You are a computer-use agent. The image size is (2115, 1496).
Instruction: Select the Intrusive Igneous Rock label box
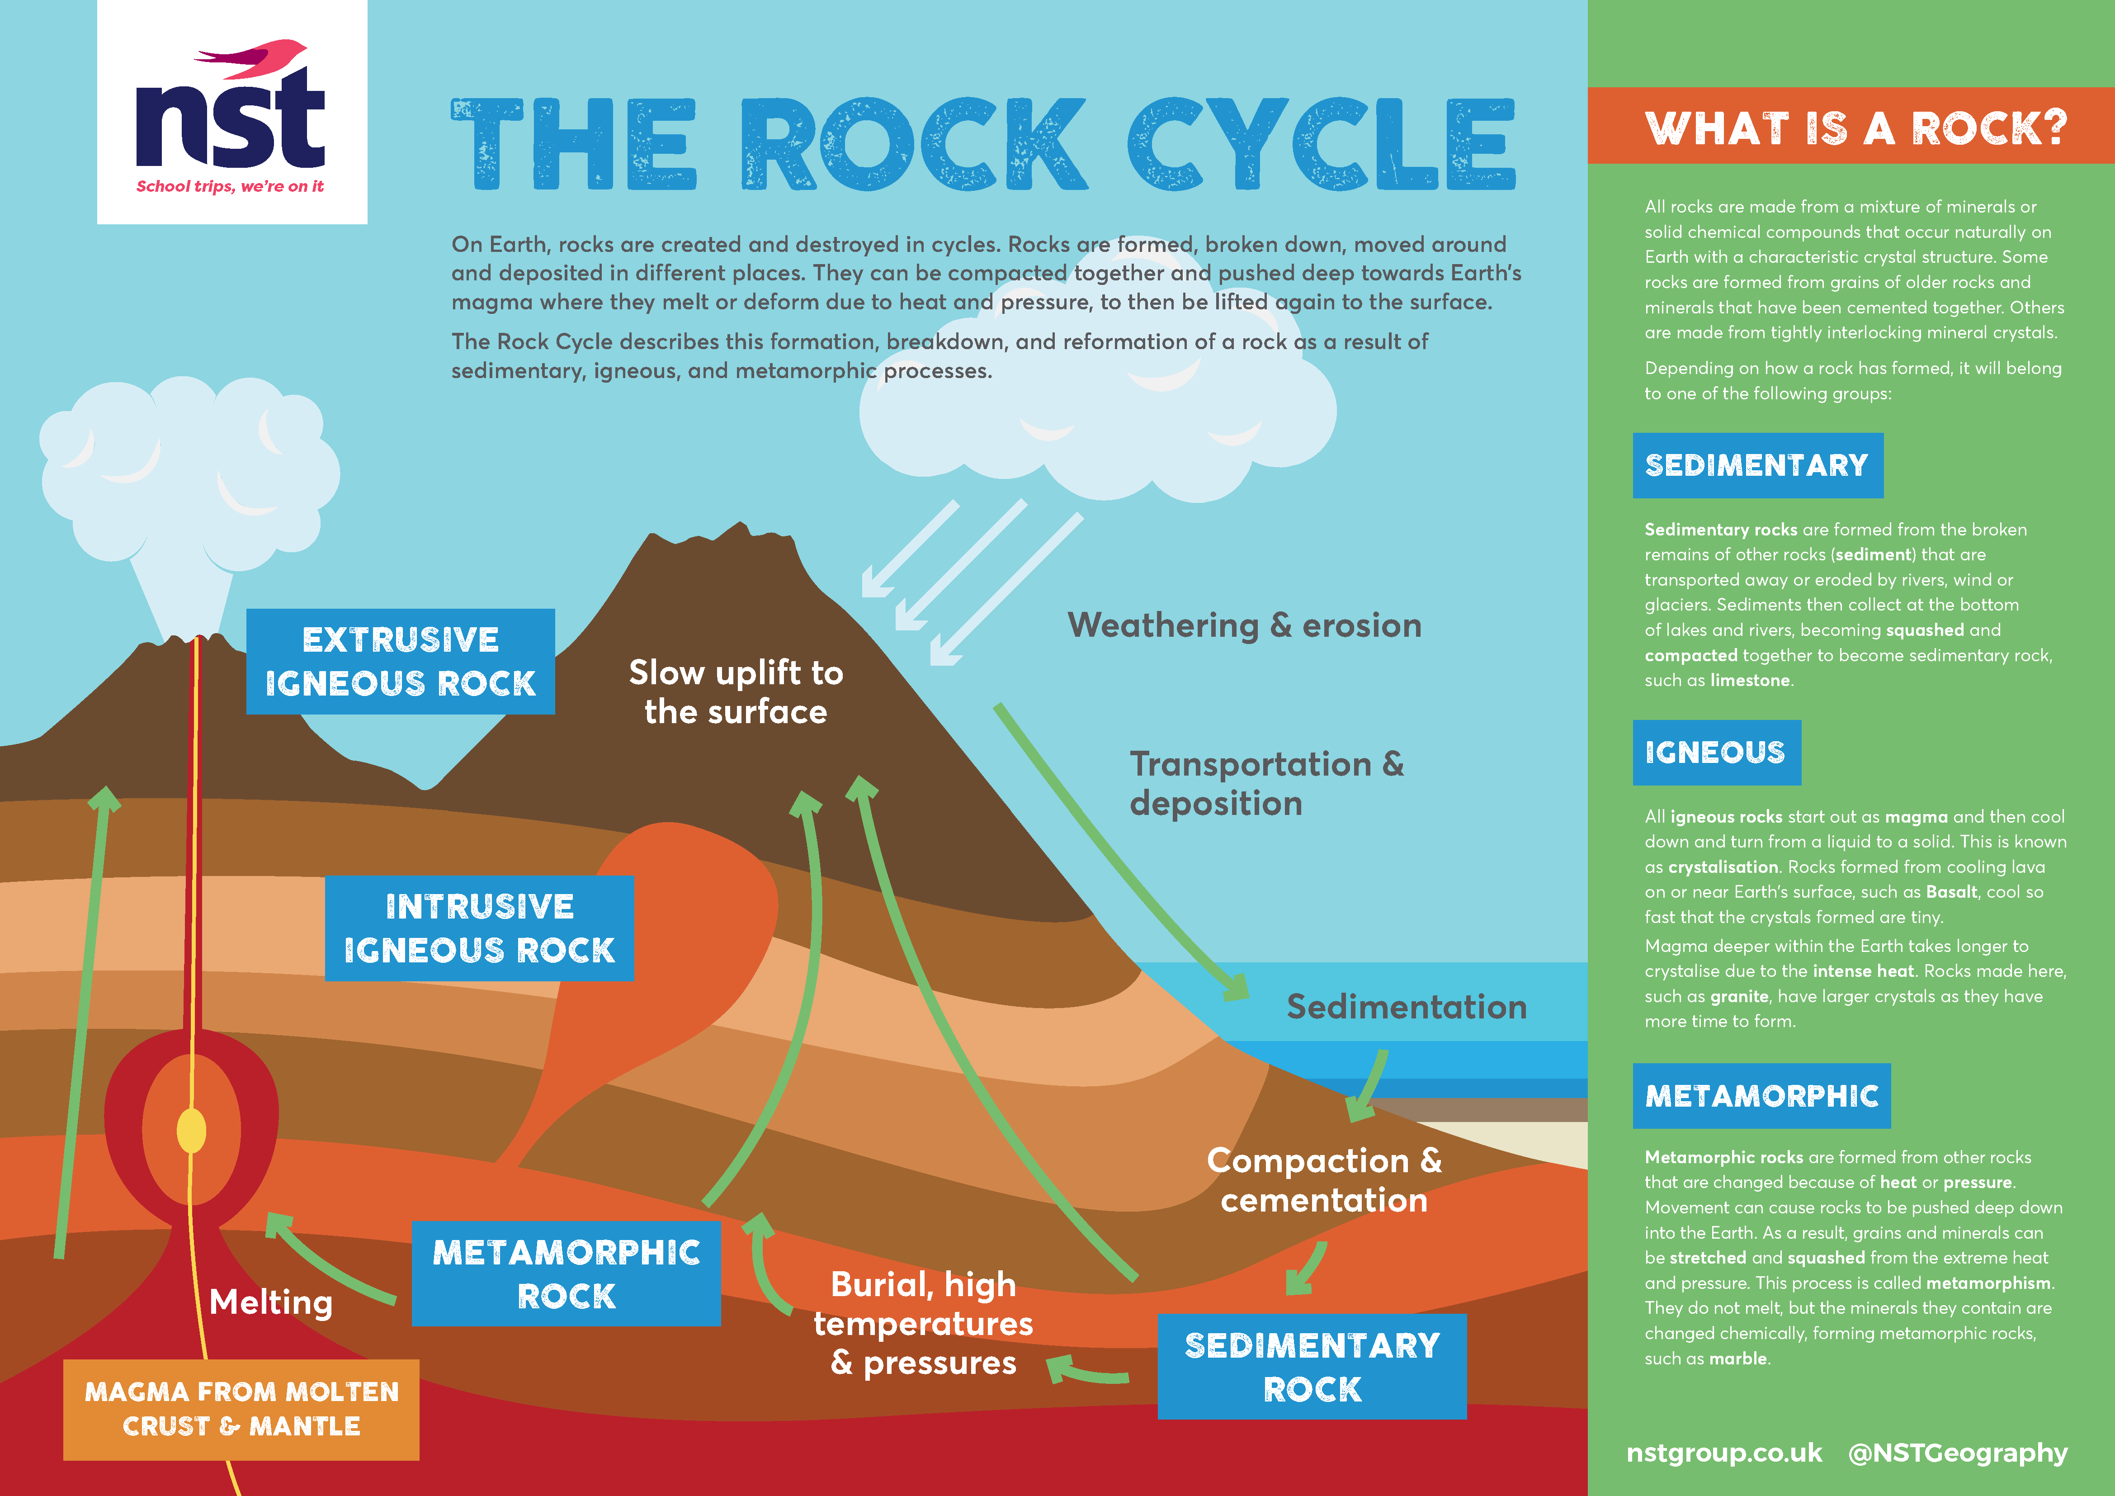pos(479,928)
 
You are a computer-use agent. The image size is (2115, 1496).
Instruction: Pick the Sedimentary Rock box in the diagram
pos(1312,1366)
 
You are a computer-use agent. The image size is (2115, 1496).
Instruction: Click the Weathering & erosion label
pos(1244,625)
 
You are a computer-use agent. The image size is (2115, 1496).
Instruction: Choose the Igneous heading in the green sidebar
pos(1715,753)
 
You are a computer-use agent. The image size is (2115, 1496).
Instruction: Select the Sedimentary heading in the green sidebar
pos(1756,465)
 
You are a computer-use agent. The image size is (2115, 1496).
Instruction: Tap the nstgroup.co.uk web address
pos(1723,1453)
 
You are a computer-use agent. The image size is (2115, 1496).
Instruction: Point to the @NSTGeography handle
pos(1958,1453)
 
